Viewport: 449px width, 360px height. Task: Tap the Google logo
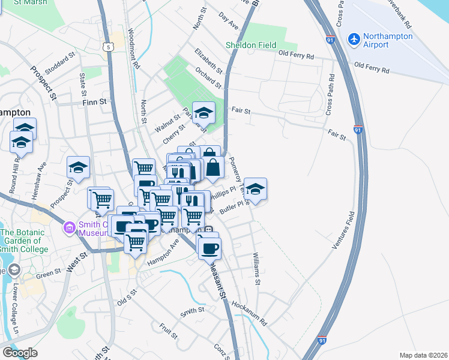pyautogui.click(x=19, y=352)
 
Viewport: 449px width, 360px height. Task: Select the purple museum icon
pyautogui.click(x=69, y=228)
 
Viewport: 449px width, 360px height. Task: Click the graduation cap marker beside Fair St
pyautogui.click(x=203, y=112)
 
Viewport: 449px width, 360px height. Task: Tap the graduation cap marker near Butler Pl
pyautogui.click(x=255, y=189)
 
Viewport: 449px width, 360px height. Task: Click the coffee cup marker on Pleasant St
pyautogui.click(x=209, y=247)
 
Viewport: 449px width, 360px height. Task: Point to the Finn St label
pyautogui.click(x=94, y=102)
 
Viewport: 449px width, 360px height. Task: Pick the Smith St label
pyautogui.click(x=193, y=311)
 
